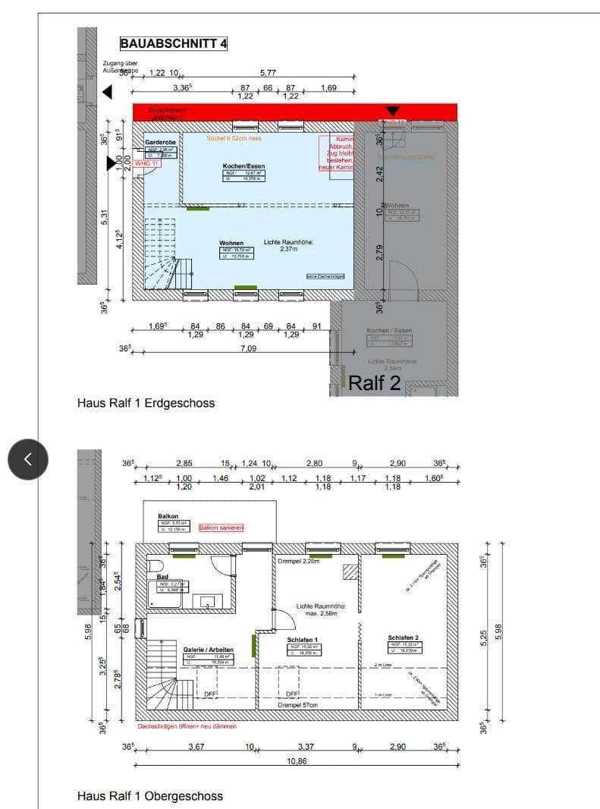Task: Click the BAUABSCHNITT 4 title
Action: pyautogui.click(x=174, y=43)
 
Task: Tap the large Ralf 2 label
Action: pyautogui.click(x=374, y=383)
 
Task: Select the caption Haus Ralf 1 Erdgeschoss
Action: pyautogui.click(x=146, y=403)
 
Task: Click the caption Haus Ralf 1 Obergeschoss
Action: pyautogui.click(x=150, y=796)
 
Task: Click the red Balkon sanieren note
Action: pyautogui.click(x=221, y=527)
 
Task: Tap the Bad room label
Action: pyautogui.click(x=162, y=576)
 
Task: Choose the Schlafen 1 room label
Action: pyautogui.click(x=303, y=640)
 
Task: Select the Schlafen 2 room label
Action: pyautogui.click(x=403, y=637)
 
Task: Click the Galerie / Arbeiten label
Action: pyautogui.click(x=208, y=650)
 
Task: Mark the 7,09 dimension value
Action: pyautogui.click(x=248, y=349)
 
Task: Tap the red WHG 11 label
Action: pyautogui.click(x=146, y=163)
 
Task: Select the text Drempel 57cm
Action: pyautogui.click(x=297, y=705)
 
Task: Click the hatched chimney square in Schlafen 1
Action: pyautogui.click(x=350, y=571)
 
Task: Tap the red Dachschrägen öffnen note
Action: pyautogui.click(x=187, y=726)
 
